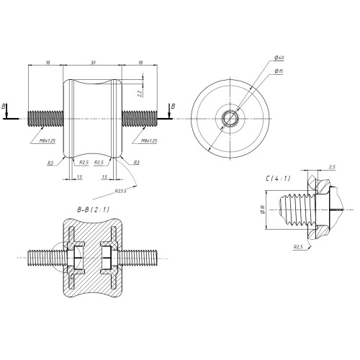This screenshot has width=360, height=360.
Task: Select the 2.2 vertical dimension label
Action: tap(139, 91)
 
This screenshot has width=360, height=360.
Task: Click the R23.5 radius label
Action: tap(121, 190)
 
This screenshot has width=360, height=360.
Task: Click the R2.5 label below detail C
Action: tap(298, 246)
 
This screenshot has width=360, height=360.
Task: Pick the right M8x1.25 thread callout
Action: tap(150, 140)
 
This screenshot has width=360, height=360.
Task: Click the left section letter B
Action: tap(6, 106)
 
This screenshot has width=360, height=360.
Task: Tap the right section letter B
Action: tap(171, 106)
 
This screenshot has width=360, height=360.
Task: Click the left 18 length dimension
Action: tap(47, 63)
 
